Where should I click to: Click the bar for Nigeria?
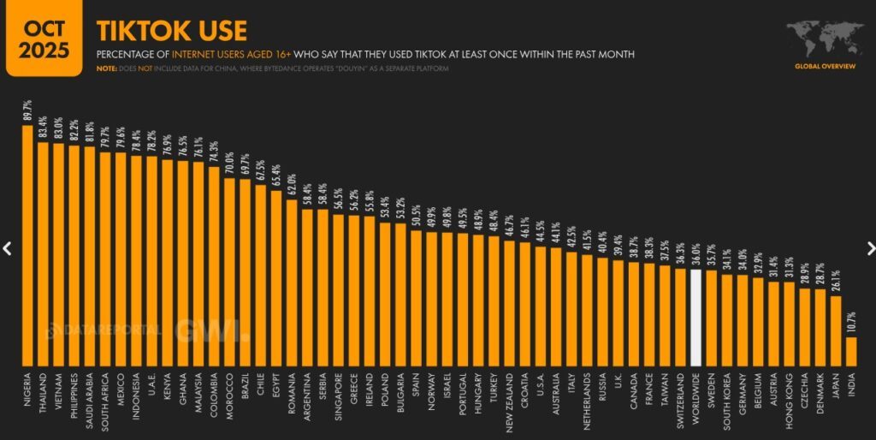pyautogui.click(x=27, y=245)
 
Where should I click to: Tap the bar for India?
pyautogui.click(x=851, y=350)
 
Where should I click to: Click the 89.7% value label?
pyautogui.click(x=27, y=111)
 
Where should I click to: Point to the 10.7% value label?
pyautogui.click(x=851, y=323)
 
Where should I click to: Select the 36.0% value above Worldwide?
pyautogui.click(x=695, y=254)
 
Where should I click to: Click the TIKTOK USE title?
pyautogui.click(x=171, y=31)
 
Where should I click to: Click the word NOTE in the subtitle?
pyautogui.click(x=106, y=69)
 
